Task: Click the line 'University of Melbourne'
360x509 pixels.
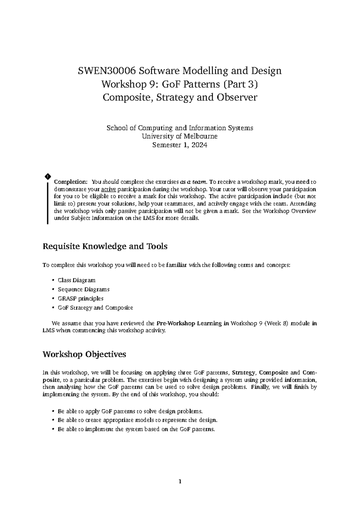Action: click(180, 137)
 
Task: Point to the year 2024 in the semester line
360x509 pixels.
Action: click(199, 146)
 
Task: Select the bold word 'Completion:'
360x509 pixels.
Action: click(70, 182)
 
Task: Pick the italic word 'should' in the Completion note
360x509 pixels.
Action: click(111, 182)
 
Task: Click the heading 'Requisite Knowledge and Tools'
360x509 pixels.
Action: click(105, 247)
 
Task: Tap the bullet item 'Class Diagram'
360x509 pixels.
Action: click(76, 280)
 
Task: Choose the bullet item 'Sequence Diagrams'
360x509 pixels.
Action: click(83, 290)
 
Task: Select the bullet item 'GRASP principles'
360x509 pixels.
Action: click(80, 299)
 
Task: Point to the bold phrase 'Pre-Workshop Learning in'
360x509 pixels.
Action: click(193, 324)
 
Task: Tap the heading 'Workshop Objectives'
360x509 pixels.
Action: click(84, 354)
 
